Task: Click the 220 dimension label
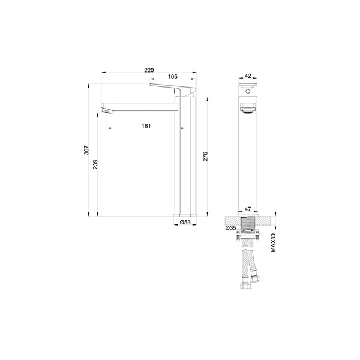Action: tap(149, 70)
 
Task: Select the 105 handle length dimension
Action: tap(173, 76)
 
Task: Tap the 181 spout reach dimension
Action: tap(146, 126)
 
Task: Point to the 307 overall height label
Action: tap(86, 150)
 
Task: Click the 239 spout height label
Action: tap(95, 164)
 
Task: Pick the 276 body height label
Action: tap(205, 157)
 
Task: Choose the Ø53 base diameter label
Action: tap(185, 222)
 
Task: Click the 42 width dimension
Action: tap(248, 76)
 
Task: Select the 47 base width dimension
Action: tap(248, 209)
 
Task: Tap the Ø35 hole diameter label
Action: tap(230, 228)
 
